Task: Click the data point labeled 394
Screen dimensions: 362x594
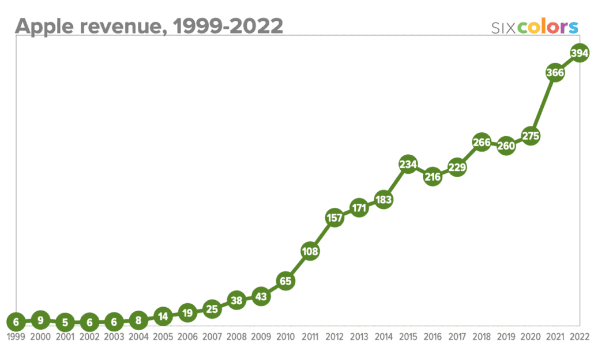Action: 579,53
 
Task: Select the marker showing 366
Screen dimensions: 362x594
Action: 554,73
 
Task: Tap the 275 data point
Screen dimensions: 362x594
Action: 530,135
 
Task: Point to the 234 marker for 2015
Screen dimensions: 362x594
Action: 408,165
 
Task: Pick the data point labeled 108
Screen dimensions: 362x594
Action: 310,251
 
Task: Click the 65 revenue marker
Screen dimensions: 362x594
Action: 285,281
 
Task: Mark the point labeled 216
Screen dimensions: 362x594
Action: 432,177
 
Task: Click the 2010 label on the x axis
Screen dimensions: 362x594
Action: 285,337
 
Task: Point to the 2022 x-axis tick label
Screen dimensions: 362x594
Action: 579,337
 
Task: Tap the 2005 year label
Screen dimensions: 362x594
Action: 163,337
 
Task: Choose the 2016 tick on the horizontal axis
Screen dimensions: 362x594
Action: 432,337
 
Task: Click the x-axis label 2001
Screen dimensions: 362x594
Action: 65,337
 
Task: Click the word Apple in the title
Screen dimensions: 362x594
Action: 43,26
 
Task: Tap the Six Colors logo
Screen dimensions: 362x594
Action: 534,27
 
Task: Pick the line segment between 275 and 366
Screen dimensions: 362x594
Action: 542,104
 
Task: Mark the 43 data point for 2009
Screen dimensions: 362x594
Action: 261,297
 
